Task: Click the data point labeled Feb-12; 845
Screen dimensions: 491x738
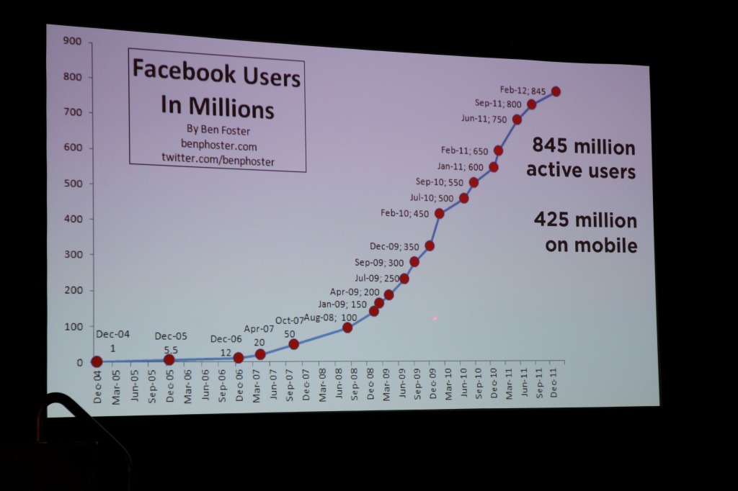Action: (556, 91)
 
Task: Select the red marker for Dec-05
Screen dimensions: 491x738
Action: (169, 359)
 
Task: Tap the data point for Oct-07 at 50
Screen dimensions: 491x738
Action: (294, 344)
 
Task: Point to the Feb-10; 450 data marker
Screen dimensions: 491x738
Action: (440, 213)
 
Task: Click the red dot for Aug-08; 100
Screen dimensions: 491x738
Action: (347, 328)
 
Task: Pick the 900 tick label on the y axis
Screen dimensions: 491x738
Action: (72, 41)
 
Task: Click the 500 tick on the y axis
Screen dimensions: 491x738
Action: (74, 184)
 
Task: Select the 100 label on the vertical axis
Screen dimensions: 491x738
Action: (74, 327)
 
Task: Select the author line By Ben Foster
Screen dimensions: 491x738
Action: (218, 131)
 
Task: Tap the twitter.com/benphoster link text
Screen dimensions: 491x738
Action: (218, 160)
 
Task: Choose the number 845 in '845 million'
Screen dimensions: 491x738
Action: (550, 146)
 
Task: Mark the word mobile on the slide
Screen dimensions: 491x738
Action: (605, 245)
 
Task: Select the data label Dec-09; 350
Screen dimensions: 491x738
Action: (394, 246)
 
